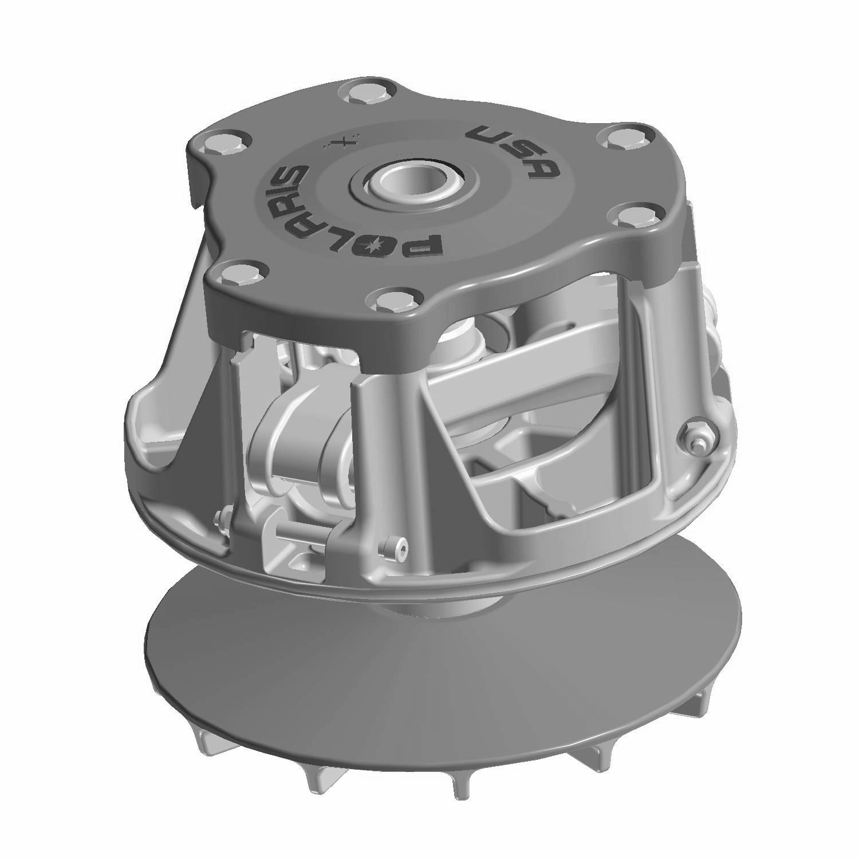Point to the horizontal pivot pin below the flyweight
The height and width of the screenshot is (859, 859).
[x=304, y=536]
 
